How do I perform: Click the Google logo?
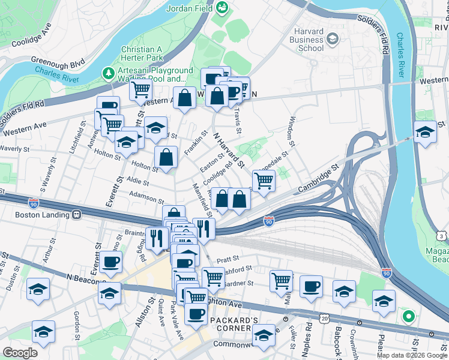(x=21, y=353)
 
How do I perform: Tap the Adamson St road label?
(x=144, y=197)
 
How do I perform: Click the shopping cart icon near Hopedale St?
(x=264, y=181)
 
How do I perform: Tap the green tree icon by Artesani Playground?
(x=109, y=73)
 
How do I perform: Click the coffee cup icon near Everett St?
(x=111, y=262)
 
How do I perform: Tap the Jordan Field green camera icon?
(x=222, y=8)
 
